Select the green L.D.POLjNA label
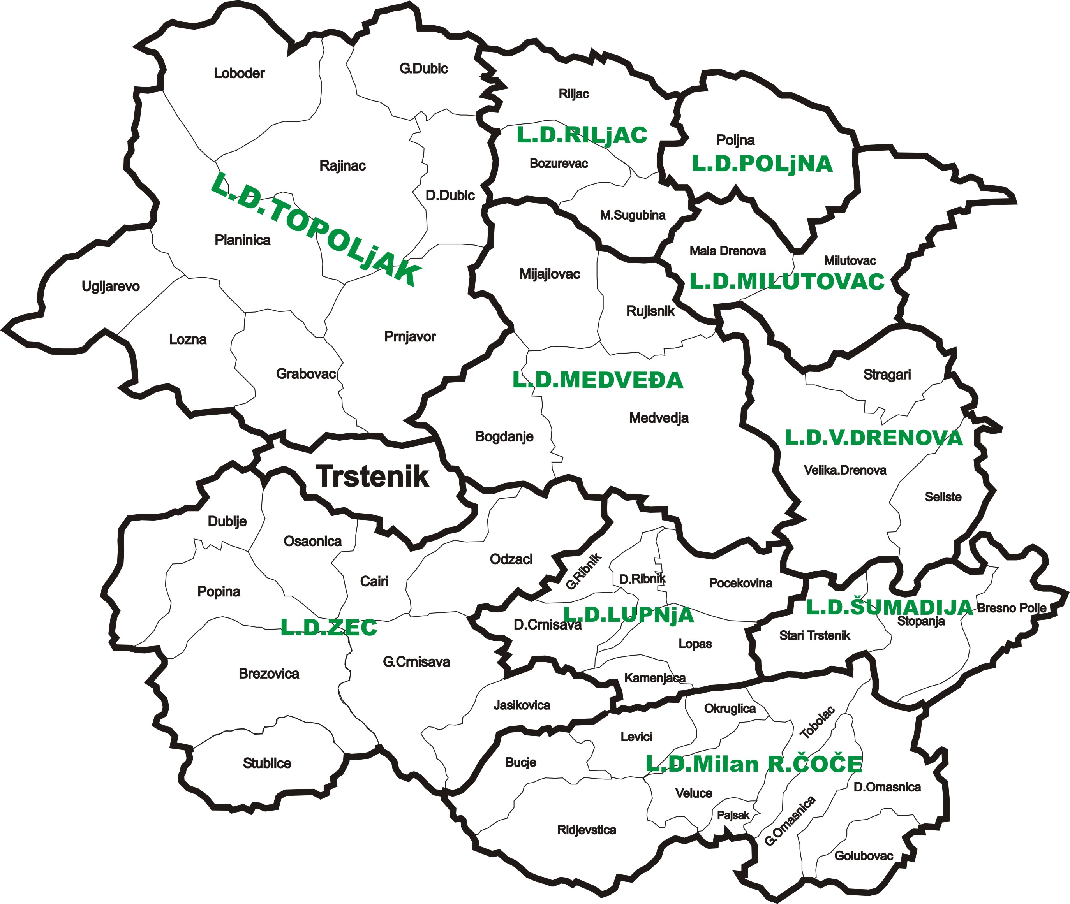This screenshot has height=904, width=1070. click(x=762, y=164)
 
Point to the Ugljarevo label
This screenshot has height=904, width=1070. click(x=110, y=286)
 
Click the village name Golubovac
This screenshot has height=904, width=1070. click(x=864, y=856)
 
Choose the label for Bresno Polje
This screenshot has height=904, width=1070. click(x=1012, y=608)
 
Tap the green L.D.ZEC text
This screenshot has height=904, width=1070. click(x=329, y=628)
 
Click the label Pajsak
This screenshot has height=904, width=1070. click(x=733, y=815)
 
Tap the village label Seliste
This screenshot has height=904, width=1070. click(x=943, y=497)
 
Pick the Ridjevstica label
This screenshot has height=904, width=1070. click(x=587, y=830)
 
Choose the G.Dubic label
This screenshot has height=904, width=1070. click(x=423, y=69)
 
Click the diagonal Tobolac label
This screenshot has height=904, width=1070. click(x=817, y=723)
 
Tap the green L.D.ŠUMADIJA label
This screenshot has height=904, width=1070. click(x=889, y=607)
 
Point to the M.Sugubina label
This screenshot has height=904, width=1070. click(x=632, y=215)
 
